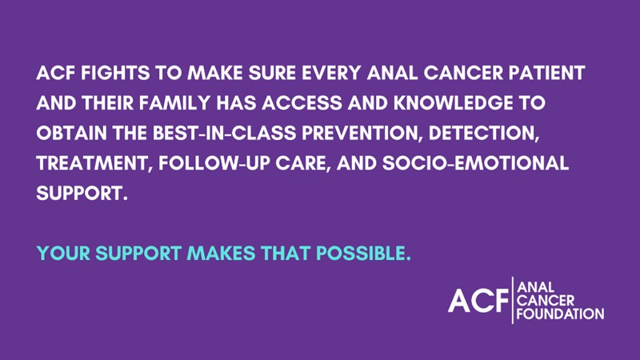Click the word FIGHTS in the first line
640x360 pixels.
click(x=115, y=73)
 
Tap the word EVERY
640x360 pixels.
click(x=331, y=73)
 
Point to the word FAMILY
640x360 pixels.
click(x=174, y=103)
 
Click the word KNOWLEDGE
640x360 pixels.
click(x=453, y=103)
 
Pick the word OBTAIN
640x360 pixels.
click(x=71, y=133)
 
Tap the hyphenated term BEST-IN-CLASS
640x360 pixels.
click(x=225, y=133)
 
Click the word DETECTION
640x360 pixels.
click(x=484, y=134)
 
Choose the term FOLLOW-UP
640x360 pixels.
click(x=214, y=163)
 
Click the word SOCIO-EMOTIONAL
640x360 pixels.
click(x=475, y=163)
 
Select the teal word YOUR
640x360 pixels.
click(x=63, y=254)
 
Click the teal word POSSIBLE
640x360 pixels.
click(x=363, y=254)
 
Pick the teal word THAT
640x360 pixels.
click(x=286, y=254)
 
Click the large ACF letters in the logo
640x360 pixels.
click(x=478, y=301)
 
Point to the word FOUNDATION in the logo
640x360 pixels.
click(x=560, y=314)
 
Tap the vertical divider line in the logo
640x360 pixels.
click(x=513, y=300)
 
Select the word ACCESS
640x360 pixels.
click(x=302, y=103)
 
